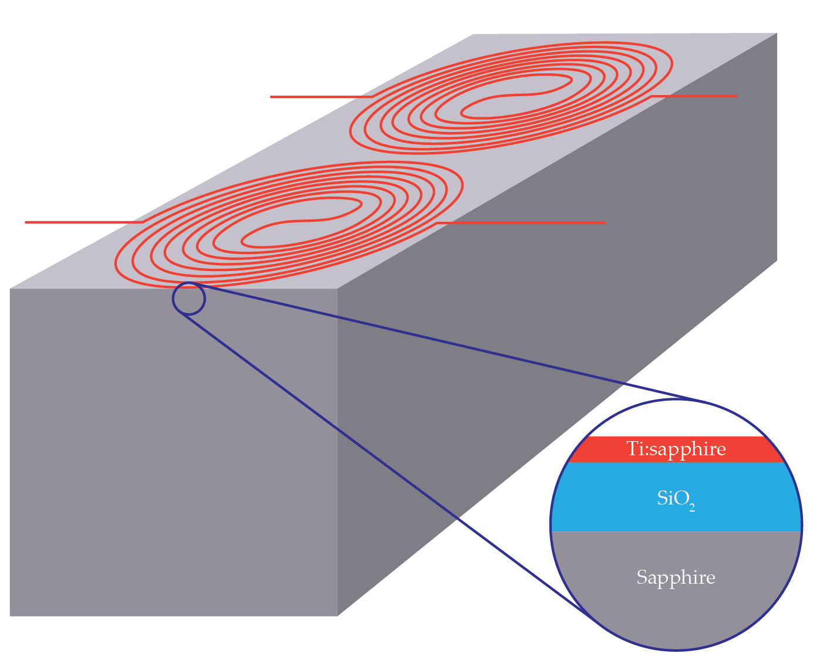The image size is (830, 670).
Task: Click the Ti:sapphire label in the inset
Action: pos(676,449)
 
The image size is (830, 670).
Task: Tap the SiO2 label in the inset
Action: pos(676,499)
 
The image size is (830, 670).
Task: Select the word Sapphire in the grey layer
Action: pos(676,577)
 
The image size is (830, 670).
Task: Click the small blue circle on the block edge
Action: pos(189,299)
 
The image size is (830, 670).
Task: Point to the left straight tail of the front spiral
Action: pos(82,222)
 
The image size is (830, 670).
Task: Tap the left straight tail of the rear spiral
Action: pos(320,97)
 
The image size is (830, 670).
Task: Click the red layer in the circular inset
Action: pos(593,450)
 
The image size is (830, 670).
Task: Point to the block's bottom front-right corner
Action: pos(338,615)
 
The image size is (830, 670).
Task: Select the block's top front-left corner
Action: pos(10,289)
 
